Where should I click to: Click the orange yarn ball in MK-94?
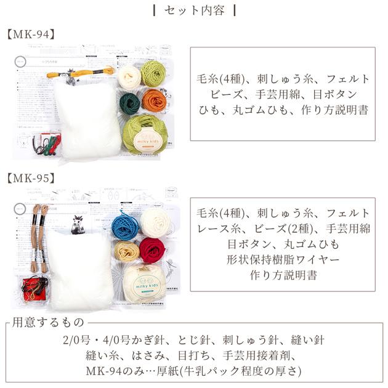coord(154,100)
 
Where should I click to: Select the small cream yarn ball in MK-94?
coord(129,77)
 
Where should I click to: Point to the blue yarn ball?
coord(125,227)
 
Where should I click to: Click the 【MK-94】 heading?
coord(31,34)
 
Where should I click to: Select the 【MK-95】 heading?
coord(31,179)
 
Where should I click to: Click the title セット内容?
coord(194,10)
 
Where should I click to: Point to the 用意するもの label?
coord(49,322)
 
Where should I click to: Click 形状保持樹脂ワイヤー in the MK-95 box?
coord(283,259)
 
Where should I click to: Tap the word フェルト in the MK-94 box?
coord(348,78)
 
